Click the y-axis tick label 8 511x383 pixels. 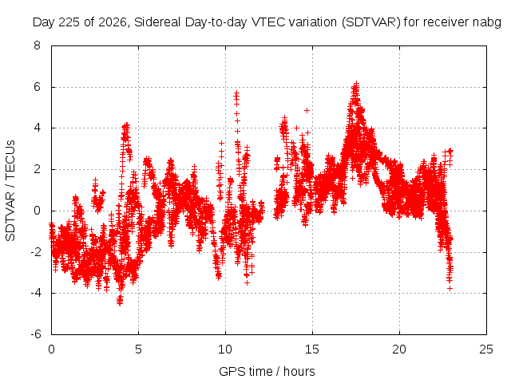tap(38, 45)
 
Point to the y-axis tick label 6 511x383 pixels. tap(38, 87)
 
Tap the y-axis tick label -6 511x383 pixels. tap(36, 334)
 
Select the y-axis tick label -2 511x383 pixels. tap(36, 252)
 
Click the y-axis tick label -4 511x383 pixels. tap(36, 293)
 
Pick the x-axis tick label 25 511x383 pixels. tap(486, 349)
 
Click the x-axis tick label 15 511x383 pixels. tap(312, 349)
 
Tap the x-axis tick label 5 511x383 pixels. tap(138, 349)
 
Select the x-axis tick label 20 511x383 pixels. tap(399, 349)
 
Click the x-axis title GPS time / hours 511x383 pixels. tap(267, 371)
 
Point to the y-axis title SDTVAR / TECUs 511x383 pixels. tap(10, 191)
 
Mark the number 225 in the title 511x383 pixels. tap(69, 22)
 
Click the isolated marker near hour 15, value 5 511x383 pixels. tap(307, 110)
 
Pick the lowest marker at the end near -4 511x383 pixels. tap(450, 289)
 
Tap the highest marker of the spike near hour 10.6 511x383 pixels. tap(236, 93)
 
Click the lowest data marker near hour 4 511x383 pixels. tap(120, 303)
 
